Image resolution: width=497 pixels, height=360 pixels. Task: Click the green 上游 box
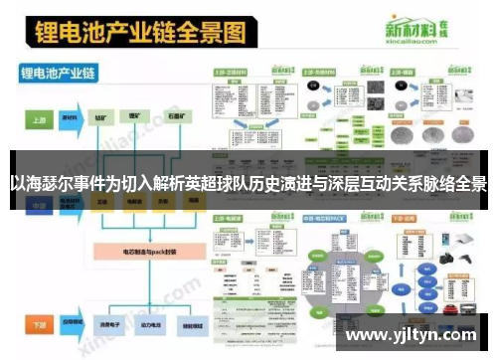[36, 117]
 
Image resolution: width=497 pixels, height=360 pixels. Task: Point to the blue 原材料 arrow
[71, 117]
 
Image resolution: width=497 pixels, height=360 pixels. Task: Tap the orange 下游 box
[36, 324]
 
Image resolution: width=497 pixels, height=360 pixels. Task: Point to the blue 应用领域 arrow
[72, 324]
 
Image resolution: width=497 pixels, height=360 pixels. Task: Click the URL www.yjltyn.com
[414, 334]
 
